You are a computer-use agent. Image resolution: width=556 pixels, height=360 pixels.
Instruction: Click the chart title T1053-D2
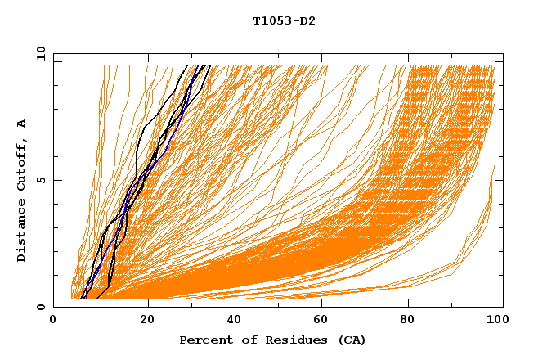(284, 21)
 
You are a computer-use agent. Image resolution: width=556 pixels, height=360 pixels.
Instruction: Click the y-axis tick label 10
(38, 54)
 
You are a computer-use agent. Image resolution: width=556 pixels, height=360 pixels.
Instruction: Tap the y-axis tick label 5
(42, 181)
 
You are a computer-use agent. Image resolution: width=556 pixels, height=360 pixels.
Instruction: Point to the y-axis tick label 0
(42, 307)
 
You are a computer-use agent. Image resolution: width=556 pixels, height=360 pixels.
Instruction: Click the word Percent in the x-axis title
(203, 340)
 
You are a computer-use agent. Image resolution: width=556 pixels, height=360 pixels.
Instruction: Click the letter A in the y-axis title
(21, 123)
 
